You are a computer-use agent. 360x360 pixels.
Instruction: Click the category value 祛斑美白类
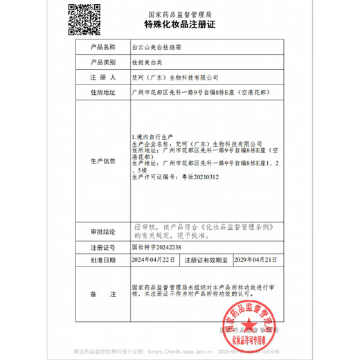click(x=147, y=62)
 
